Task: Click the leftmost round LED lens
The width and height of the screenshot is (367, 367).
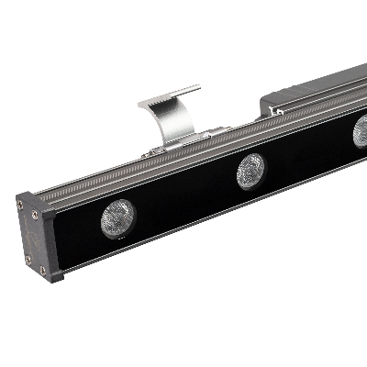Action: click(x=117, y=217)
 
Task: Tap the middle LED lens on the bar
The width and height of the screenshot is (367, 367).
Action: click(x=250, y=171)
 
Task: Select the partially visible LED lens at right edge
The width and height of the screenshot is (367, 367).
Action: click(x=360, y=132)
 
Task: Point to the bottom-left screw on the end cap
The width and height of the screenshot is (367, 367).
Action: click(x=28, y=259)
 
